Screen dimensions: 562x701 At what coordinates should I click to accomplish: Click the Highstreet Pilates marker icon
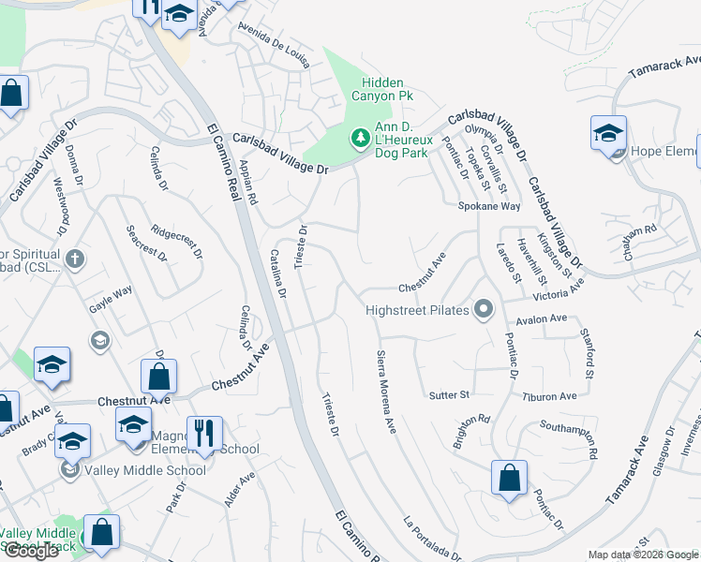click(484, 309)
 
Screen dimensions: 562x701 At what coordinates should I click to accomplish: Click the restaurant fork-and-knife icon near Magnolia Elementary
click(203, 434)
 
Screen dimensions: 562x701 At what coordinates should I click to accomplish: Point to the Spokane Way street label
click(488, 206)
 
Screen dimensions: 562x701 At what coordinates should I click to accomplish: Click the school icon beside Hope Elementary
click(608, 134)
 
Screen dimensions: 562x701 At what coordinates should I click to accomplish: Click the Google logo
click(31, 551)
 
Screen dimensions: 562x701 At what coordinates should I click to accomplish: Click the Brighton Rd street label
click(471, 431)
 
